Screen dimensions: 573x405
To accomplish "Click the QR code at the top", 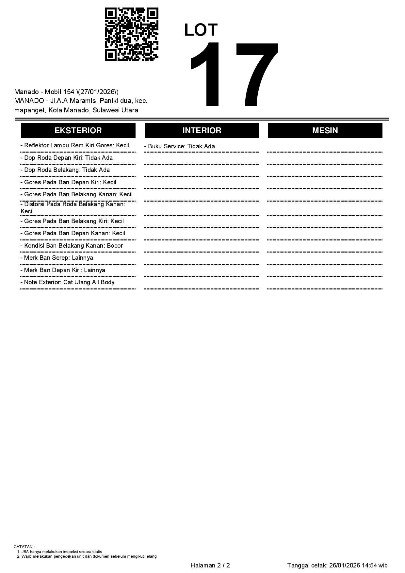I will click(x=131, y=34).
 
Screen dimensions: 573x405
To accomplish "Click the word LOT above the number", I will click(x=201, y=30).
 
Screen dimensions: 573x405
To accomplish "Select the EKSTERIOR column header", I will click(x=78, y=130).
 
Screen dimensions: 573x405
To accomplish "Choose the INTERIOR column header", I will click(x=202, y=130).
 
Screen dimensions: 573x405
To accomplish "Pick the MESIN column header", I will click(x=325, y=130).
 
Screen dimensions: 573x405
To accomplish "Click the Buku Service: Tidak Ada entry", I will click(x=180, y=146).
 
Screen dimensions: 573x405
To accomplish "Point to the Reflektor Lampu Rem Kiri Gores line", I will click(x=75, y=145).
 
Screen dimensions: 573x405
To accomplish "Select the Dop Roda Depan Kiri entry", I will click(x=67, y=158).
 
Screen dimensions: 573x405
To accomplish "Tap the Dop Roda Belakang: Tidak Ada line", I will click(x=65, y=170).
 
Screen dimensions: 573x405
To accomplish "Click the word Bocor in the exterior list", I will click(x=115, y=246).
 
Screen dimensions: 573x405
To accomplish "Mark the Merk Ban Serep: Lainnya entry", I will click(x=57, y=258).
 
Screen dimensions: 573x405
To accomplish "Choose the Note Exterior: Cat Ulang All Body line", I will click(x=67, y=282).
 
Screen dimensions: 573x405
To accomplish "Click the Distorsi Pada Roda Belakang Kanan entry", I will click(x=73, y=207).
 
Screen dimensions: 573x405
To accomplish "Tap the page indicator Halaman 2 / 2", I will click(x=210, y=565).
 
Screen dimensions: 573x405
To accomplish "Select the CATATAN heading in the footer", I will click(x=24, y=547).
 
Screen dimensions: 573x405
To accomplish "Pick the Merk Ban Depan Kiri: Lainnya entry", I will click(x=63, y=270).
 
